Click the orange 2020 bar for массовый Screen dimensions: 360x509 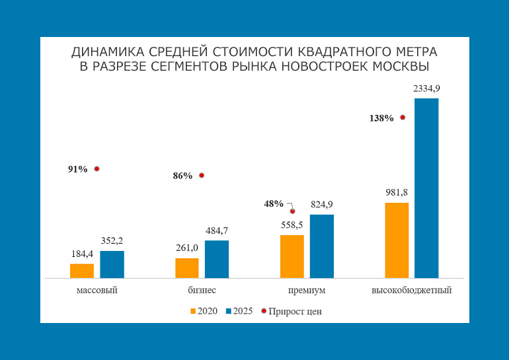coord(82,271)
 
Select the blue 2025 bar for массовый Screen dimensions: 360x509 coord(112,264)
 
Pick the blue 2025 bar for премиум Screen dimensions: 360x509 coord(322,246)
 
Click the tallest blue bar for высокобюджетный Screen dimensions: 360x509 coord(426,188)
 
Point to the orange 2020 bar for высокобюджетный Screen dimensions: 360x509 coord(397,240)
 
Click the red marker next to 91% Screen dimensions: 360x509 coord(97,169)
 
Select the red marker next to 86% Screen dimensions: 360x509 coord(202,176)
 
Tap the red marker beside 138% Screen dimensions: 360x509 coord(403,118)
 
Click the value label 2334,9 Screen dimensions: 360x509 coord(426,88)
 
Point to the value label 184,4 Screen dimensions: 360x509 coord(82,254)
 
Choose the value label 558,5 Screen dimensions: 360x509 coord(292,225)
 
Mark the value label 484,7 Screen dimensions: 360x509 coord(217,230)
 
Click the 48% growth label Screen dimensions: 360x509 coord(274,203)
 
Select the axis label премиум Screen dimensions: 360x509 coord(306,290)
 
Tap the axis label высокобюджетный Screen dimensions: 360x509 coord(411,290)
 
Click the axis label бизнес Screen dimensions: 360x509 coord(202,290)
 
